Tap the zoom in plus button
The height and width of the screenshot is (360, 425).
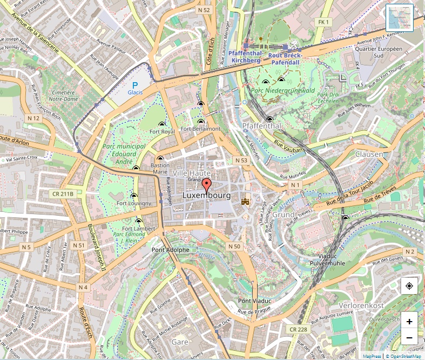tap(409, 322)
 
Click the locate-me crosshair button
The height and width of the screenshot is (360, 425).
tap(409, 286)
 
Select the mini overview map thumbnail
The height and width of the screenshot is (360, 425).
tap(399, 17)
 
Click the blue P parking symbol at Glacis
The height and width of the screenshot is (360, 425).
tap(135, 85)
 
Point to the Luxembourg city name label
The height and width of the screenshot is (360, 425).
tap(207, 195)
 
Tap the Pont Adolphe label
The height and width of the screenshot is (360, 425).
tap(171, 250)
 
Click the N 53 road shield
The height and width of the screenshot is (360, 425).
tap(241, 161)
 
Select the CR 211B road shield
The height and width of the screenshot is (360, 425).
tap(63, 193)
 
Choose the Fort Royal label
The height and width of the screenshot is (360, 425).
tap(162, 131)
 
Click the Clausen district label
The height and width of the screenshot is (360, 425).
tap(369, 154)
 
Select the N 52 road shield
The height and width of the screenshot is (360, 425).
tap(204, 10)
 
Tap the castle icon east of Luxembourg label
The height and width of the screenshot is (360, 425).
tap(246, 201)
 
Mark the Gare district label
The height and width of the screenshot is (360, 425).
tap(179, 342)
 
